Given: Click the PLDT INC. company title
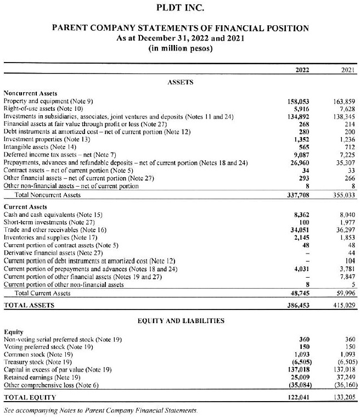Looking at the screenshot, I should (x=180, y=8).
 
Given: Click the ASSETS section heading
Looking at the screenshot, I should (x=180, y=82).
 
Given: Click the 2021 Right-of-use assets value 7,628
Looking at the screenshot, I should (x=348, y=109).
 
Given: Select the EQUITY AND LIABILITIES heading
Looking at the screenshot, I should (x=180, y=320).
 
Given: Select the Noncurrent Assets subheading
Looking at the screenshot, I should (x=30, y=94).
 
